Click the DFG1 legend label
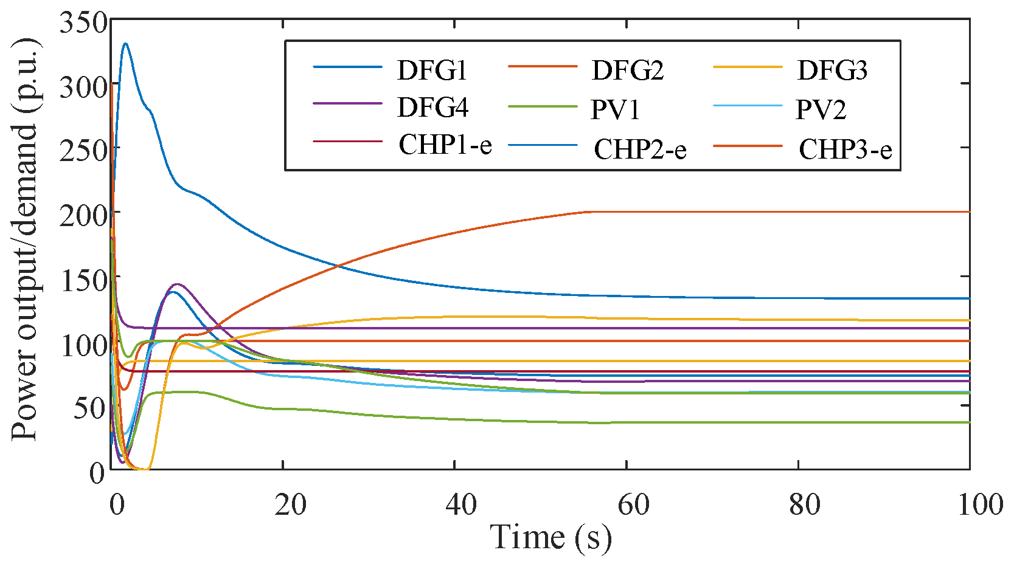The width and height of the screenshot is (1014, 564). (432, 71)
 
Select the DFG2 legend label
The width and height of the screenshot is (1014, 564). (628, 71)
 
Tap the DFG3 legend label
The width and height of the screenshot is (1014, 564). (832, 71)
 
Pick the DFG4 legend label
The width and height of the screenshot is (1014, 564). (432, 108)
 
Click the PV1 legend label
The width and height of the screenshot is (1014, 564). (616, 110)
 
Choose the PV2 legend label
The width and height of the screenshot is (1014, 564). (821, 110)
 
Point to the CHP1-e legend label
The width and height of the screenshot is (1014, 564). (445, 145)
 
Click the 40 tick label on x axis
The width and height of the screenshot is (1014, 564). (461, 504)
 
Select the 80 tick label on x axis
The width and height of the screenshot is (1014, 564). (804, 504)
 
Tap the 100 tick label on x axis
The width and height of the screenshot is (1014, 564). (979, 504)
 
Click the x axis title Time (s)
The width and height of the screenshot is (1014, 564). (550, 537)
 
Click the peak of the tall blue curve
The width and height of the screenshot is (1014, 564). (125, 44)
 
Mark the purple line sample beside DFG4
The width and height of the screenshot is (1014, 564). (347, 104)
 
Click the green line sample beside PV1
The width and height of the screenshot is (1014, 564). (542, 106)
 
